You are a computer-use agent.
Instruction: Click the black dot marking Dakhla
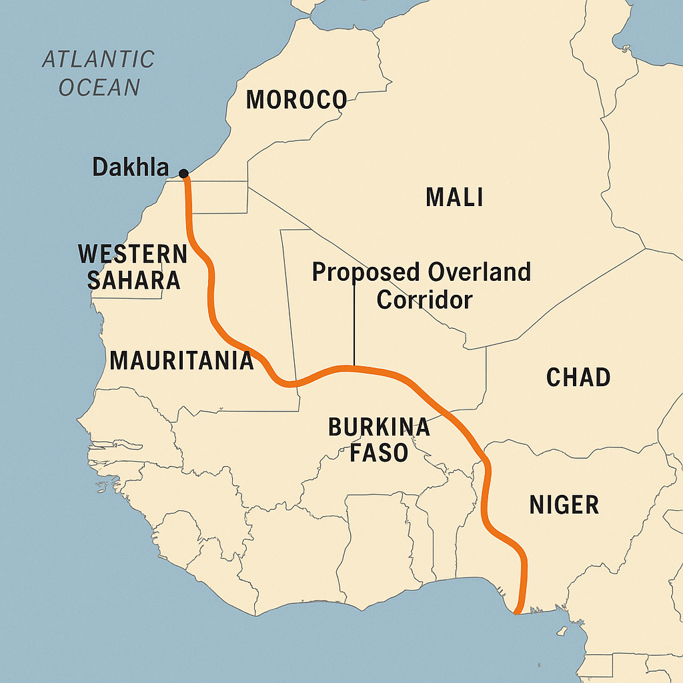(184, 174)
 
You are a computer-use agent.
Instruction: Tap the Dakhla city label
(131, 167)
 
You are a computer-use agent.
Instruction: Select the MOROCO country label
(296, 100)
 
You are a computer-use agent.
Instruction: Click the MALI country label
(454, 197)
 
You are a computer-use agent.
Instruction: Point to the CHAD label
(578, 378)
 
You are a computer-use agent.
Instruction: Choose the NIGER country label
(564, 505)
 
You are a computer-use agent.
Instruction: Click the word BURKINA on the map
(379, 427)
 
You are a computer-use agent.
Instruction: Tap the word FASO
(379, 454)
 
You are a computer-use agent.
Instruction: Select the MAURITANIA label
(181, 361)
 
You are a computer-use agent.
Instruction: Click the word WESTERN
(133, 254)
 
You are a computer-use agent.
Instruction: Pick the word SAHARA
(133, 280)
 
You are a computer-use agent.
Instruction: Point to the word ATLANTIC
(98, 59)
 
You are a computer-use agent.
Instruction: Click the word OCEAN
(99, 87)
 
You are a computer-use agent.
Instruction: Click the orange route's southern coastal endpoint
(517, 610)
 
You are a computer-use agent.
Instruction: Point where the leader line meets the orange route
(354, 368)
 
